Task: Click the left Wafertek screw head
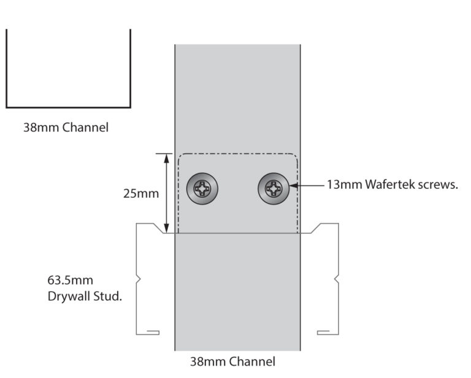click(x=202, y=189)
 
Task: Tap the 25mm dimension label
click(x=141, y=194)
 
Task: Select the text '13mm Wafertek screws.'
click(x=392, y=185)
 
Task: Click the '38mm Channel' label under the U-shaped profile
click(x=66, y=128)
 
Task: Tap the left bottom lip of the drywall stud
click(x=152, y=333)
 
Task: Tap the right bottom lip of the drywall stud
click(x=323, y=333)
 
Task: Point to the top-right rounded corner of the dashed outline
click(x=296, y=156)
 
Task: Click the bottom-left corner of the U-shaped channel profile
click(x=7, y=107)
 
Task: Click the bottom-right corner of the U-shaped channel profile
click(x=130, y=107)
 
